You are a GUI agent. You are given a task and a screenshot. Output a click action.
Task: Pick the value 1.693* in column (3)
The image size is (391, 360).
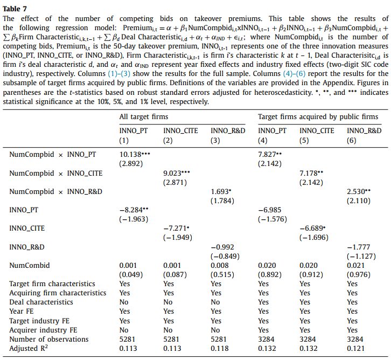(222, 191)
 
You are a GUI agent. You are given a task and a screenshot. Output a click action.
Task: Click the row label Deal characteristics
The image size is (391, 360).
(43, 302)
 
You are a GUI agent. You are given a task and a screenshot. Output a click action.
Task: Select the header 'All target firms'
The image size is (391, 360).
(144, 116)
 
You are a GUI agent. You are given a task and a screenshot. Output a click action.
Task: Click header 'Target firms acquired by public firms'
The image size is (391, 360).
(318, 116)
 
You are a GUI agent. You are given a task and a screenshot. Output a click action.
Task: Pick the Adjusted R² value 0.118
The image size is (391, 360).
(219, 349)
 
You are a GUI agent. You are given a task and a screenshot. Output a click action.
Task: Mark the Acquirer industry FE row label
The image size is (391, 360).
(44, 330)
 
